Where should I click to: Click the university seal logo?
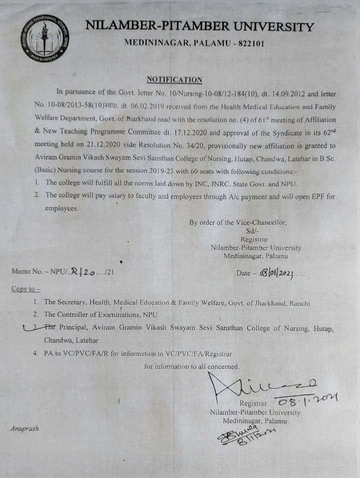click(45, 38)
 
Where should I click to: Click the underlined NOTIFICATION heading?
click(174, 80)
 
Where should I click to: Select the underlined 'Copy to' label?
click(25, 289)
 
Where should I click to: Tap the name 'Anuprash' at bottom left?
click(24, 428)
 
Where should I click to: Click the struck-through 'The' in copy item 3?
click(49, 328)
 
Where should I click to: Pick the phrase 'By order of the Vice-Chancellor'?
click(238, 223)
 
